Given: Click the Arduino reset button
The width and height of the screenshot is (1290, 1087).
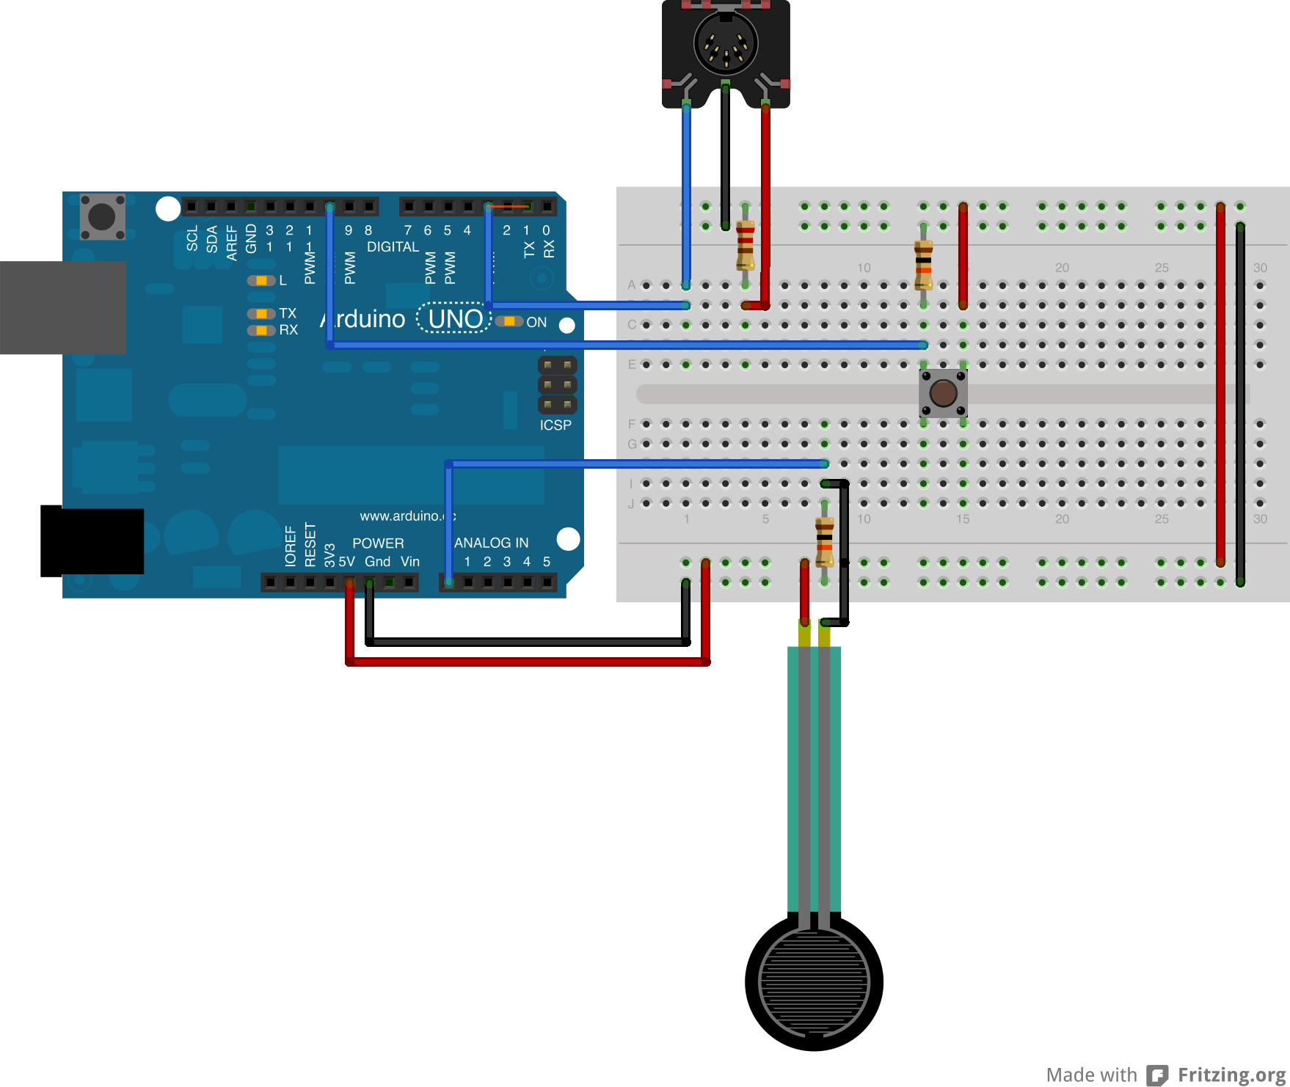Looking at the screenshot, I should coord(102,216).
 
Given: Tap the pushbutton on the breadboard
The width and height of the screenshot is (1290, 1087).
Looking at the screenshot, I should coord(943,393).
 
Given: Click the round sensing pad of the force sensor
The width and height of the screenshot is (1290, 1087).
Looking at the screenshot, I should coord(814,982).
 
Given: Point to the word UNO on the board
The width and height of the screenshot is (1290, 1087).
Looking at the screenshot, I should coord(455,319).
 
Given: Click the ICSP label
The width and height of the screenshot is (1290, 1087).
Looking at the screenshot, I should coord(555,425).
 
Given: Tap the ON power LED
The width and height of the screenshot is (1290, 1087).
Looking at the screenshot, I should coord(509,321).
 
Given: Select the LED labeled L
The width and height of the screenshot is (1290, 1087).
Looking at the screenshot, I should coord(260,281).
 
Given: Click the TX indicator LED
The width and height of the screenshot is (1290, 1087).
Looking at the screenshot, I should coord(260,314).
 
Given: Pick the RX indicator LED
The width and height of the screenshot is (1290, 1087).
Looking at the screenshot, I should coord(260,331).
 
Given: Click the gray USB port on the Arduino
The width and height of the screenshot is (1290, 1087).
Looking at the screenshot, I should coord(63,307).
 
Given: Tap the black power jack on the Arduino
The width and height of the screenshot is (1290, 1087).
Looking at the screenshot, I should coord(92,541).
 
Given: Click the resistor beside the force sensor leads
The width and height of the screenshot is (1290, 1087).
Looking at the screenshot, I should coord(825,541).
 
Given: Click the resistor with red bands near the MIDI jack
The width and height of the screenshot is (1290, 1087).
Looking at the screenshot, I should coord(746,246).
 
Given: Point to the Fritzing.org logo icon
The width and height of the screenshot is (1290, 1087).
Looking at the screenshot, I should coord(1157,1075).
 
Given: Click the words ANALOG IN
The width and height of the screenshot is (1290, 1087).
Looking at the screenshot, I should coord(491,543).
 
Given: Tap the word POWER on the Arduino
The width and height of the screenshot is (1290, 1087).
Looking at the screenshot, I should coord(378,543).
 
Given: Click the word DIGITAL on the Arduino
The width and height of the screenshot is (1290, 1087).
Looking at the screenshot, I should coord(393,247).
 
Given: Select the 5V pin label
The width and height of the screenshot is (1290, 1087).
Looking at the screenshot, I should coord(346,562).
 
